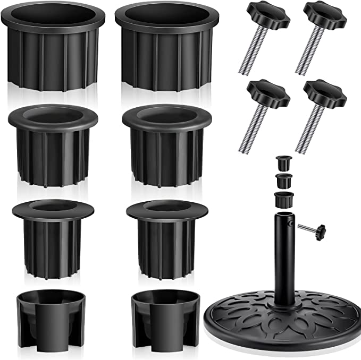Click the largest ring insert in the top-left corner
point(53,48)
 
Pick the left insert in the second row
point(53,143)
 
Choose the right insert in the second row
point(166,143)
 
